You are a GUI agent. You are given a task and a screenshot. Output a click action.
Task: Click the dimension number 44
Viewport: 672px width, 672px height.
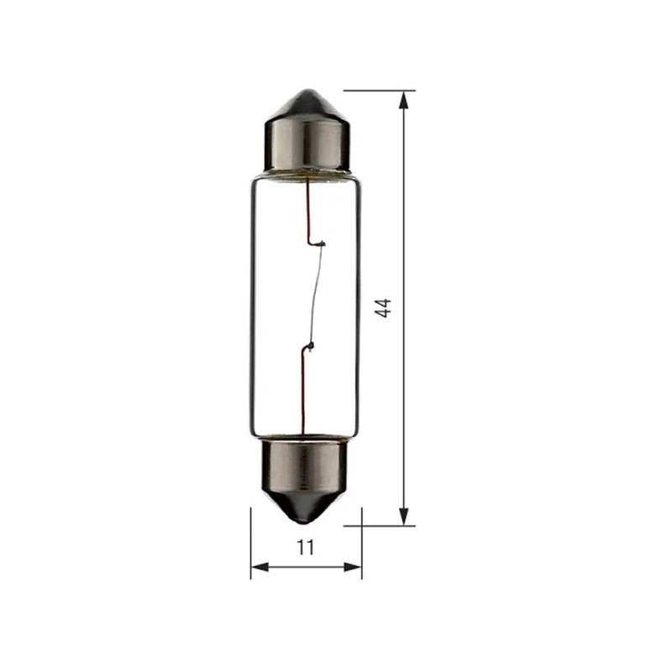tap(384, 307)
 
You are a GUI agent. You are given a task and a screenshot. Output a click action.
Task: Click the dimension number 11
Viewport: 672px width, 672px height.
tap(306, 548)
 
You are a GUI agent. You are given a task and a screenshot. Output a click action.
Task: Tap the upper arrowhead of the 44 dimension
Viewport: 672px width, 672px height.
tap(404, 99)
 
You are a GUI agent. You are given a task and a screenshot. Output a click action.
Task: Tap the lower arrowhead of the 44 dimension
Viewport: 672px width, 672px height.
tap(404, 517)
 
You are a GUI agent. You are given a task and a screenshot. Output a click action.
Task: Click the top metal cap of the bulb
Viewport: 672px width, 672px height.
tap(306, 139)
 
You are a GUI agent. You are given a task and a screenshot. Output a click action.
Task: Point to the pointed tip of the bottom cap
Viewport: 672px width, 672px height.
tap(306, 524)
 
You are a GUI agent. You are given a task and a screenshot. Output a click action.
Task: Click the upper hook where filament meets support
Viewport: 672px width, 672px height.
tap(320, 244)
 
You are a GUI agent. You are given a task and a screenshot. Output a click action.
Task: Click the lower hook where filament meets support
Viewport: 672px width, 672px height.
tap(310, 346)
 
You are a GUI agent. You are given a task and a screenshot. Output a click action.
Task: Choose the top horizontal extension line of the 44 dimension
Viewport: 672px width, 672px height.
tap(378, 90)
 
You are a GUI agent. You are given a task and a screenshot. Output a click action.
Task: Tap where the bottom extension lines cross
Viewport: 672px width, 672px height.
tap(361, 526)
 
